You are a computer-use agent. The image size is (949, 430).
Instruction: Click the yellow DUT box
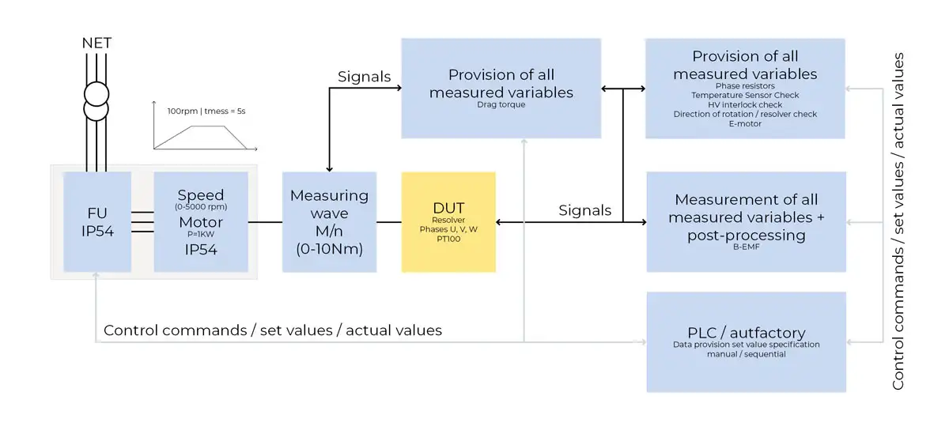[x=448, y=221]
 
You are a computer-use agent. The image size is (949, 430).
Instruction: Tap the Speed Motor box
[x=201, y=222]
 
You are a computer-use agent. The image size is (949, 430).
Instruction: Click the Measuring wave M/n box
[x=329, y=222]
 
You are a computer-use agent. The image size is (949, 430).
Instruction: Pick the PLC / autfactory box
[x=746, y=341]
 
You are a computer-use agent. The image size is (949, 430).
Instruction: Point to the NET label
[x=96, y=42]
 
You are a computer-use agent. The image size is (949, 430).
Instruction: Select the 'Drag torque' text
[x=501, y=104]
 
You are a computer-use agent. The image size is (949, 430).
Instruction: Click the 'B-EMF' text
[x=746, y=247]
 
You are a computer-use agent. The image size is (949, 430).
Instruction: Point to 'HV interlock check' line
[x=745, y=104]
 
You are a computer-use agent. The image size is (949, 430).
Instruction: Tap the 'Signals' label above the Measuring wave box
[x=364, y=77]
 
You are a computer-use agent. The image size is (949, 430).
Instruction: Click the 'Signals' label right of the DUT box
[x=584, y=210]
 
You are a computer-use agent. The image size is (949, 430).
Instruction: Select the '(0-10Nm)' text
[x=329, y=249]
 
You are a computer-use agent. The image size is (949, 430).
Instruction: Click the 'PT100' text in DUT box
[x=448, y=238]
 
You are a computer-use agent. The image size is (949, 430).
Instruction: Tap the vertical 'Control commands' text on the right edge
[x=898, y=221]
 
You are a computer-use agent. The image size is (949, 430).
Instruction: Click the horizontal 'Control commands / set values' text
[x=273, y=330]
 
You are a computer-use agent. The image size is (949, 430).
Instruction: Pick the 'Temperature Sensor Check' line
[x=745, y=95]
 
